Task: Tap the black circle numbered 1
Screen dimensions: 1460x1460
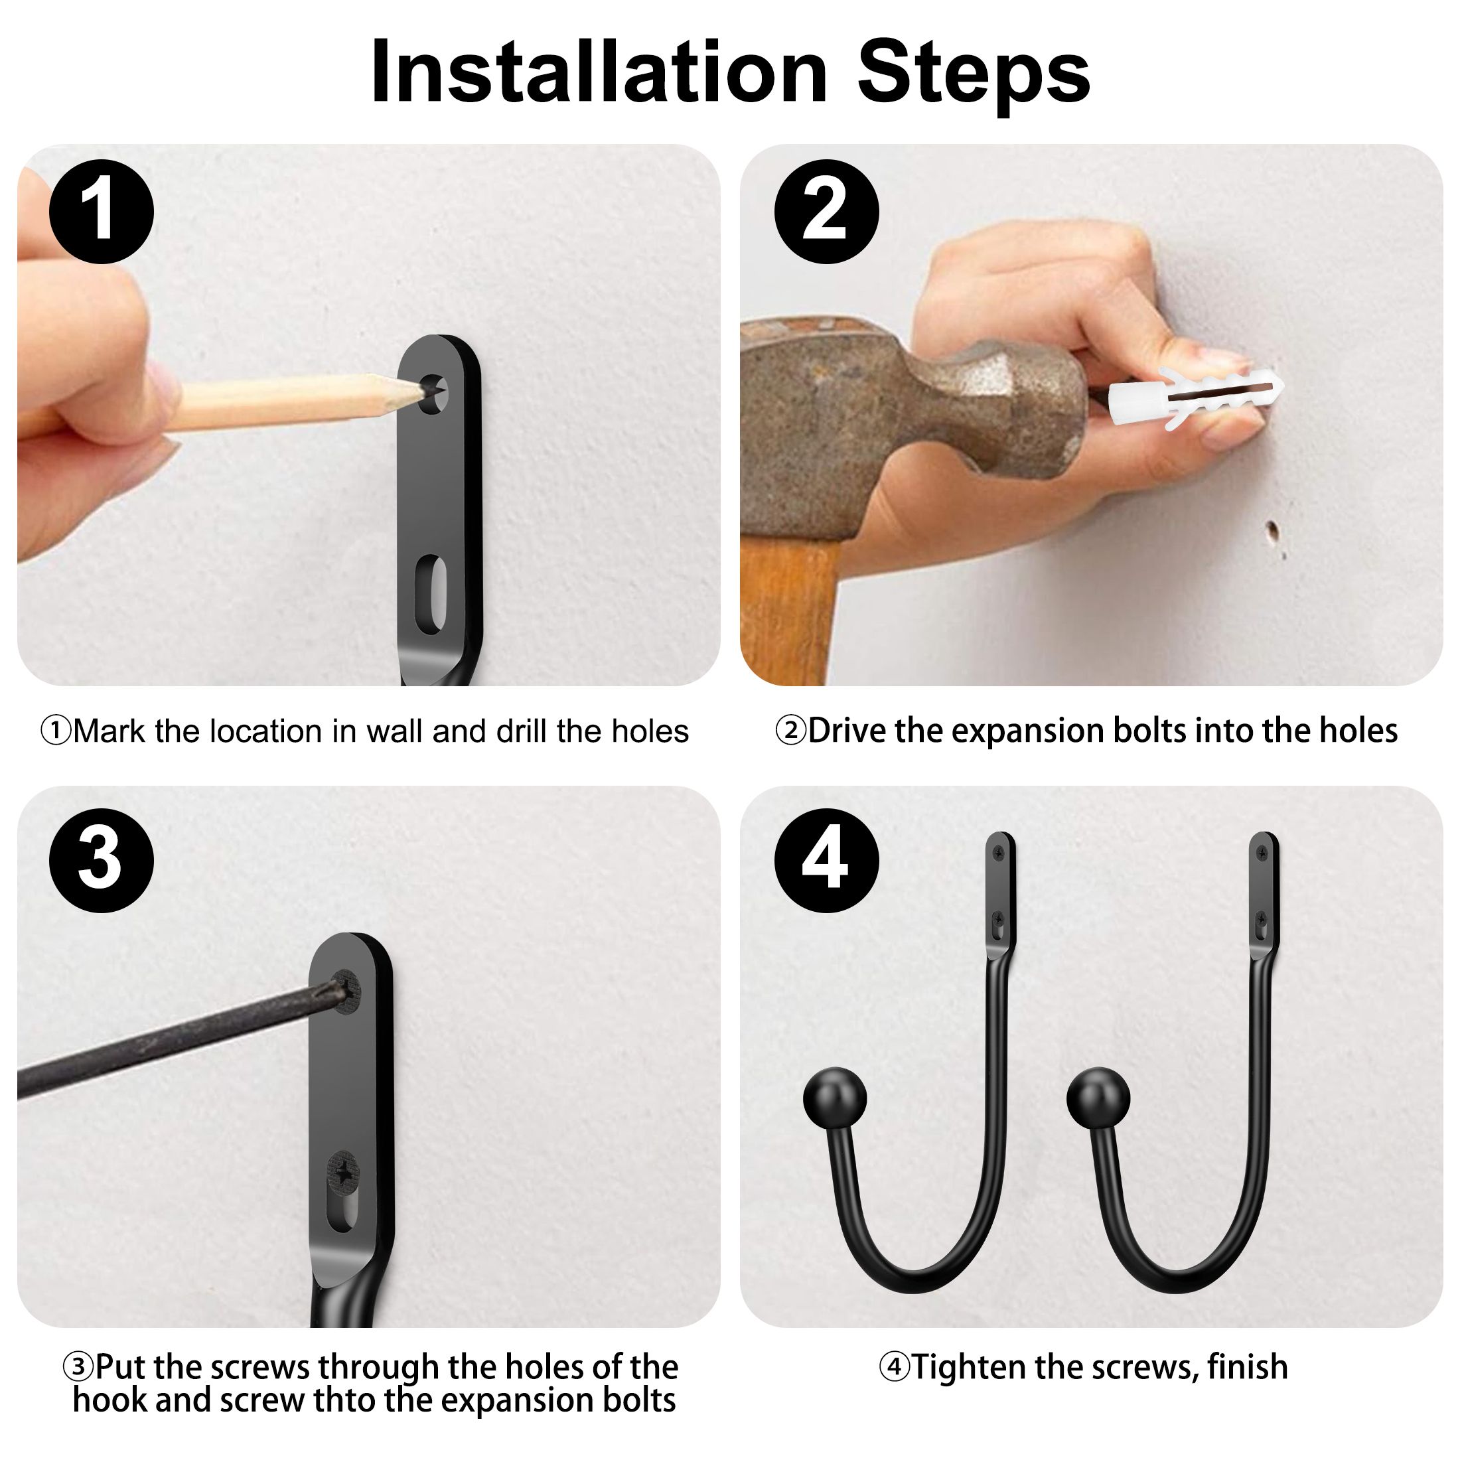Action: [x=102, y=212]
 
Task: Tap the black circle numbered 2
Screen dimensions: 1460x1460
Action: [x=826, y=212]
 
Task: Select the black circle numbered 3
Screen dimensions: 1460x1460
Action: [x=102, y=861]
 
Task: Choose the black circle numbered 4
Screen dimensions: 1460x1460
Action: [x=826, y=861]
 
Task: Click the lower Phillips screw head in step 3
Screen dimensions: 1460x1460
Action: [x=344, y=1173]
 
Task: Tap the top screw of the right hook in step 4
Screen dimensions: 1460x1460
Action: [x=1263, y=852]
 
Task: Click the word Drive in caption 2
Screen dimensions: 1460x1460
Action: [x=846, y=731]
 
